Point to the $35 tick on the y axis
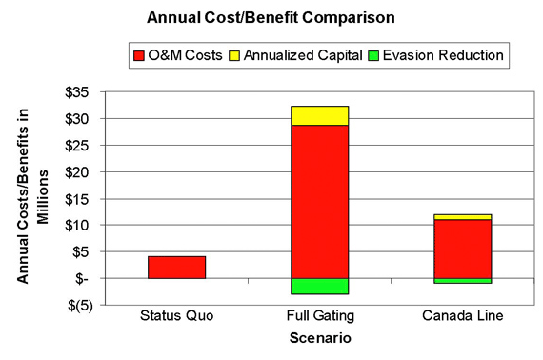85,92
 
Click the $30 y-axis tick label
85,119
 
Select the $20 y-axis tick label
85,172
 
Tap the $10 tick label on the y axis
85,226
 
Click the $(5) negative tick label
85,306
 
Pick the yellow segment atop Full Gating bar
319,115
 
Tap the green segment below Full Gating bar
319,286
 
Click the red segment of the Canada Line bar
463,249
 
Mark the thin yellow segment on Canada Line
463,217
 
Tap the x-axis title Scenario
319,337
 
